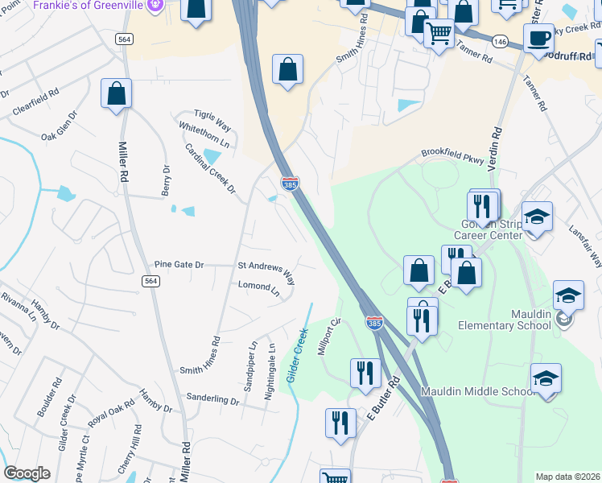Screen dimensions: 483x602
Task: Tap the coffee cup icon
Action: [538, 37]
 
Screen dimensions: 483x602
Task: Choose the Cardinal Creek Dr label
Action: [209, 169]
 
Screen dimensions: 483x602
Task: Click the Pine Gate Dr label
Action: [179, 264]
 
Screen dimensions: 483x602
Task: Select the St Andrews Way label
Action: [266, 270]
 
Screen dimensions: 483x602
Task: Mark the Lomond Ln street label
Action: [258, 287]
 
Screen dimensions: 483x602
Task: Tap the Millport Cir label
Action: [330, 332]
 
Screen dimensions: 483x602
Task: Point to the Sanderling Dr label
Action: [212, 398]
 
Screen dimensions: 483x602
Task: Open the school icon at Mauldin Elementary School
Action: [568, 295]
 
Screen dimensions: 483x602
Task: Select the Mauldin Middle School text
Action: [478, 392]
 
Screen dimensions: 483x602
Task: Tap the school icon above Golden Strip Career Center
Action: [537, 216]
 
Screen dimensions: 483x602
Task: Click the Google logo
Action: [27, 473]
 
